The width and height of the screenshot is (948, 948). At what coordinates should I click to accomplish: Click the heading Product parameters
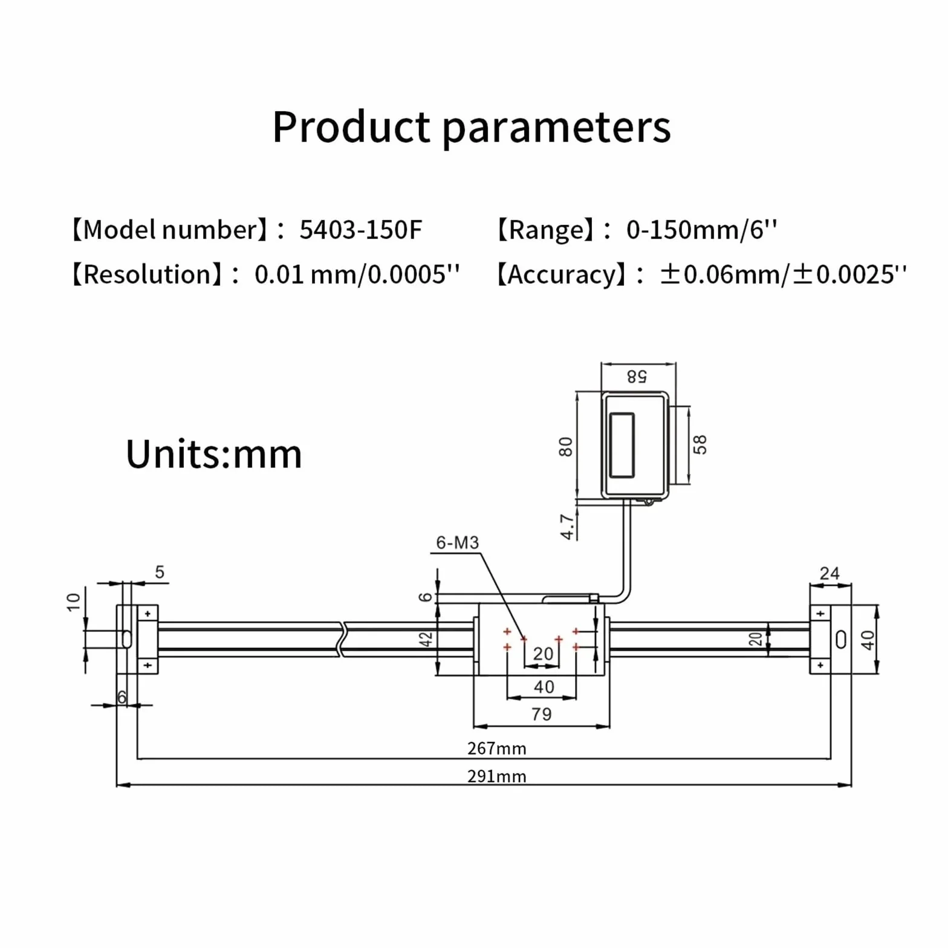tap(472, 128)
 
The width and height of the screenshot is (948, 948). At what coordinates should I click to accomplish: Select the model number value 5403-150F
tap(360, 230)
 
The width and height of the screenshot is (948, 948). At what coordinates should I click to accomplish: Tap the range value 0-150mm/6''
tap(701, 230)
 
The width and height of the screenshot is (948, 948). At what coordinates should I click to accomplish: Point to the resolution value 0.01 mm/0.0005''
tap(357, 274)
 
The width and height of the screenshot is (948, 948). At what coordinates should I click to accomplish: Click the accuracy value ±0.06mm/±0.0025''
tap(783, 274)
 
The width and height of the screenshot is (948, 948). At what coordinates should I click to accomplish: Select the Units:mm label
tap(213, 454)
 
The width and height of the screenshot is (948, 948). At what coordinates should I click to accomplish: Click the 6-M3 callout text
tap(458, 542)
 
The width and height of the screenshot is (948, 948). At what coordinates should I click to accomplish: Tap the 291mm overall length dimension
tap(497, 776)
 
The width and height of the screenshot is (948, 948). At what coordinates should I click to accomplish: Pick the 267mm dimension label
tap(497, 748)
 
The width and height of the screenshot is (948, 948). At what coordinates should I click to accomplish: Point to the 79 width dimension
tap(542, 714)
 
